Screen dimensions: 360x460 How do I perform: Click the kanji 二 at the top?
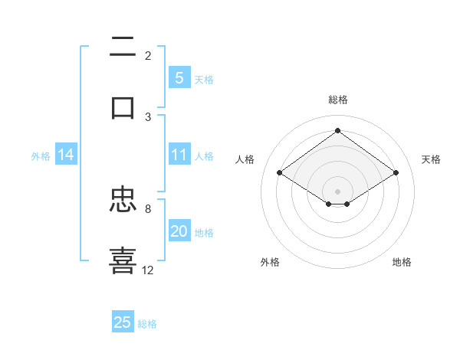click(x=123, y=47)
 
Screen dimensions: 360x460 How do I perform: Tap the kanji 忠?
click(x=123, y=201)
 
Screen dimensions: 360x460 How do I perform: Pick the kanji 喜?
click(x=123, y=259)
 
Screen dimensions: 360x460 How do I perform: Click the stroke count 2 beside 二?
click(x=148, y=55)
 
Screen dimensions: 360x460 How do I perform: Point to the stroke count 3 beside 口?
click(x=148, y=116)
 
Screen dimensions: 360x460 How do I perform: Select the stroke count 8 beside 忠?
click(x=148, y=208)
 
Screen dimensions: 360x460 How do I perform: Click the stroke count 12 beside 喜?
click(x=148, y=270)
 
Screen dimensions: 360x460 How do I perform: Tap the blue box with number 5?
click(x=179, y=77)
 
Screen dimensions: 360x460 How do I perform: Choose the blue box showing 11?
click(x=179, y=155)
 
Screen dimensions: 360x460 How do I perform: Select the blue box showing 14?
click(x=66, y=155)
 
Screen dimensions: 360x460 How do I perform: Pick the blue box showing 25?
click(x=123, y=322)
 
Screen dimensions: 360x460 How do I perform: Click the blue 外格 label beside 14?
click(x=41, y=156)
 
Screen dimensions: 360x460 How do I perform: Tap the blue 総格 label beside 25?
click(x=147, y=324)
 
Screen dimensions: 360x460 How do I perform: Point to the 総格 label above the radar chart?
click(x=337, y=100)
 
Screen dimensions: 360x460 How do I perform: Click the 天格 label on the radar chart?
click(x=431, y=159)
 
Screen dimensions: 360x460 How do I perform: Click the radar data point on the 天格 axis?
click(x=396, y=173)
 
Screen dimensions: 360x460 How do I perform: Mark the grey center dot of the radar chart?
click(x=337, y=191)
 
